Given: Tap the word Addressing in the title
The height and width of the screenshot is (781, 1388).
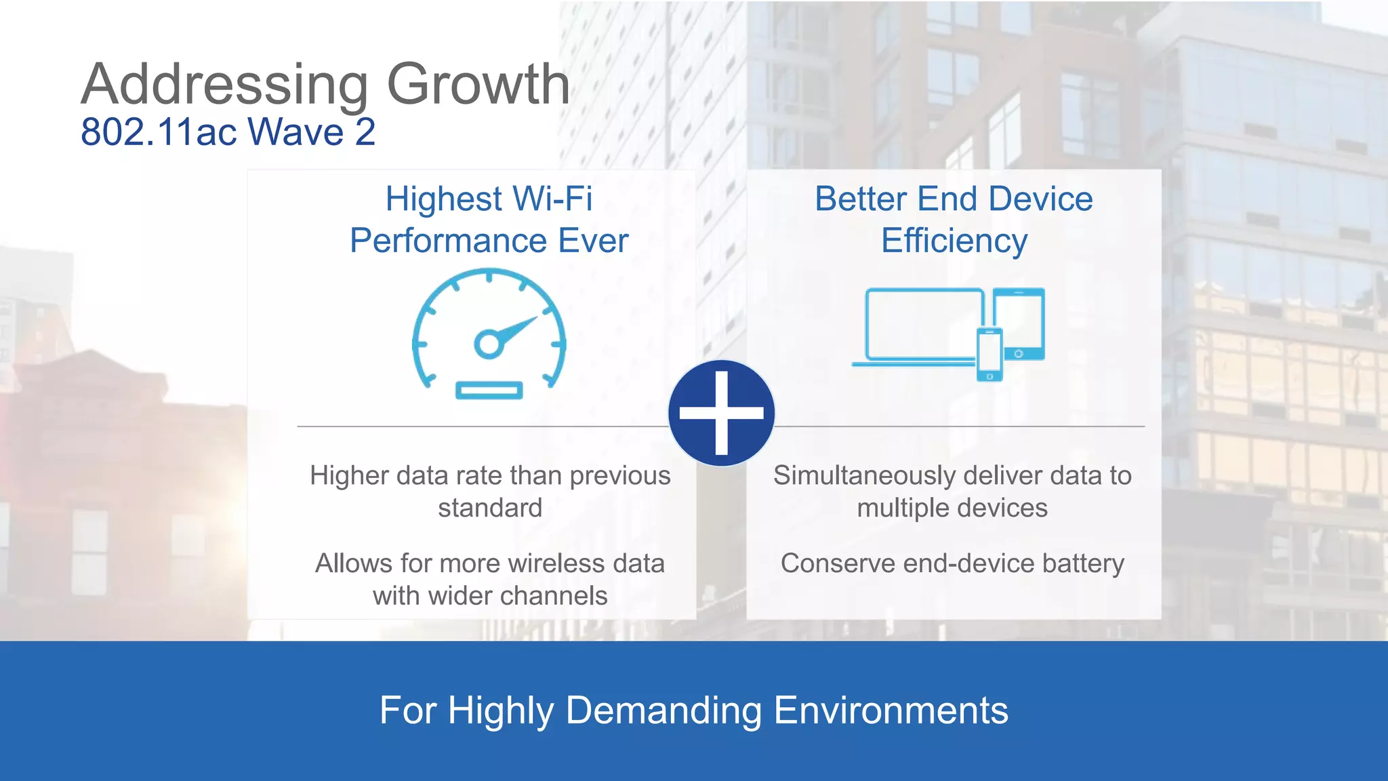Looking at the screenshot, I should pos(224,84).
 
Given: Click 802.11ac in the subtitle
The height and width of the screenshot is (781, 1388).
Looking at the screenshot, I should pos(159,132).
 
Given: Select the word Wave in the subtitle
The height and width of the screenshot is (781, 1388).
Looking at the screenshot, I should pos(296,132).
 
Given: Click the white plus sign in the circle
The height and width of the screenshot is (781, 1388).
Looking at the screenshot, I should pos(721,412).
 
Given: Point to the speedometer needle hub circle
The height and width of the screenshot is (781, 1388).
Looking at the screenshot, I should pos(488,344).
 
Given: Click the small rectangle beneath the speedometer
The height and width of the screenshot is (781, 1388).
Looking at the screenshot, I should pos(489,390).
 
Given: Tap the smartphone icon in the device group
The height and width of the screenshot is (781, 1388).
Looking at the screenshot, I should pos(989,355).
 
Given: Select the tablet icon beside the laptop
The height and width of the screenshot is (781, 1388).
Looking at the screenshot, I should pos(1019,324).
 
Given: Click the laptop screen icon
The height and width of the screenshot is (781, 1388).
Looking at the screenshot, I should pos(924,324).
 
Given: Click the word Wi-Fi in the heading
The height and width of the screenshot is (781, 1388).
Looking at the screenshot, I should pos(552,199).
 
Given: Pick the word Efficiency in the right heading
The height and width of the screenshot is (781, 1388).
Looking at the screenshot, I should pos(954,241).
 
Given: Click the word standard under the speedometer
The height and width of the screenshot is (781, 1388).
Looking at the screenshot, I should pos(489,508).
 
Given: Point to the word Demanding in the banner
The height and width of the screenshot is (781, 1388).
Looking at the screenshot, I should pos(664,710).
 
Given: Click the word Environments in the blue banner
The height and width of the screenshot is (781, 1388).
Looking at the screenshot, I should pos(891,710).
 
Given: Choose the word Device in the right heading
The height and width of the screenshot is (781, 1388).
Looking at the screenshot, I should pos(1040,199).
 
